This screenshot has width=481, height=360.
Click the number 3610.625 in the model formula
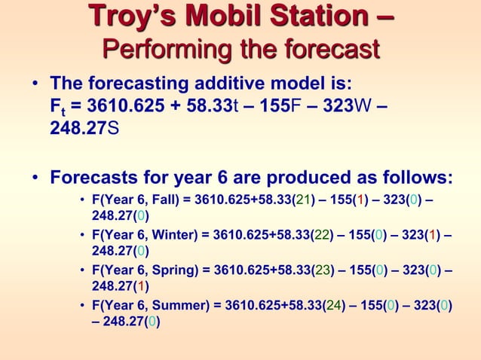115,104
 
